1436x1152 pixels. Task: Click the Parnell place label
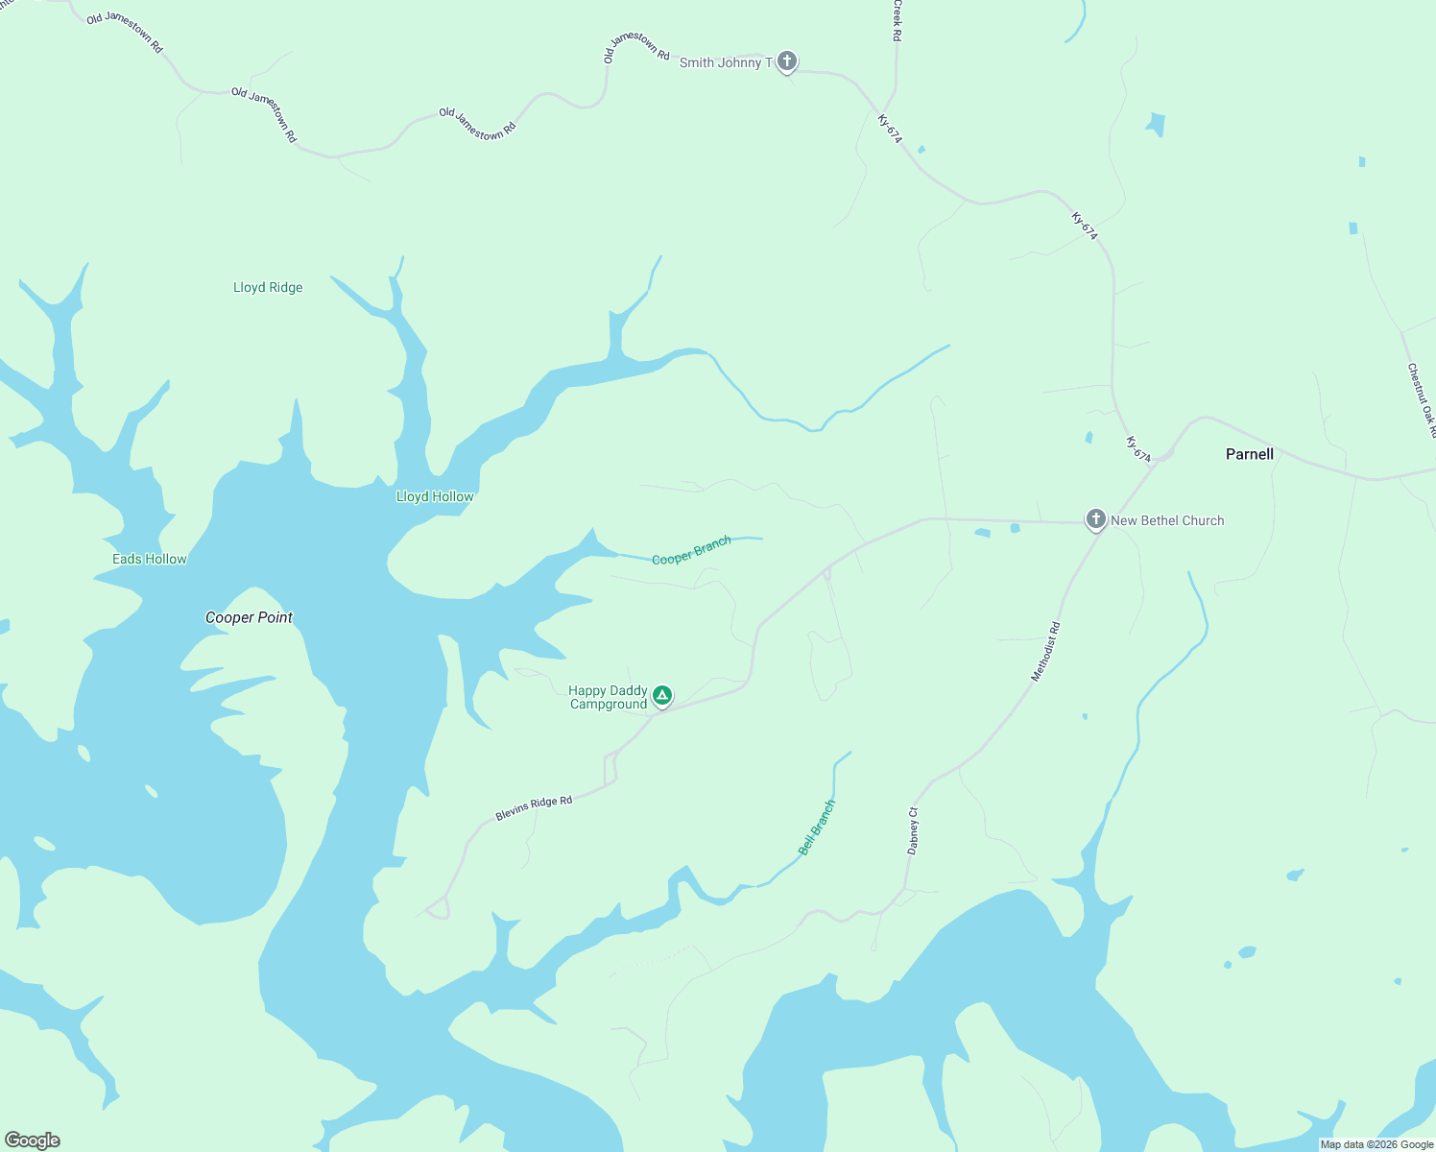pyautogui.click(x=1249, y=454)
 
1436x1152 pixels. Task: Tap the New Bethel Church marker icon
pyautogui.click(x=1095, y=519)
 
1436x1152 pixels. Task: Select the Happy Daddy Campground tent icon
pyautogui.click(x=661, y=695)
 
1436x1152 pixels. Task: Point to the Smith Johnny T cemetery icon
pyautogui.click(x=786, y=62)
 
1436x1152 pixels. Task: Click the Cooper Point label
pyautogui.click(x=249, y=617)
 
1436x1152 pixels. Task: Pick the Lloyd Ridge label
pyautogui.click(x=268, y=287)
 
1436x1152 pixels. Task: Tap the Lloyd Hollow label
pyautogui.click(x=435, y=496)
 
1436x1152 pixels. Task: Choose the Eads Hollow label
pyautogui.click(x=150, y=559)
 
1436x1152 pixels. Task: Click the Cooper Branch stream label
pyautogui.click(x=691, y=550)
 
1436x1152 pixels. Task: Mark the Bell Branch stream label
pyautogui.click(x=817, y=827)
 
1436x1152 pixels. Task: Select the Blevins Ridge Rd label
pyautogui.click(x=534, y=807)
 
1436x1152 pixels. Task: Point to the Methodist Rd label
pyautogui.click(x=1045, y=652)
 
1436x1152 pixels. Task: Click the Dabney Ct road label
pyautogui.click(x=913, y=830)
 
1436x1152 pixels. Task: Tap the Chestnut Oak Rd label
pyautogui.click(x=1421, y=398)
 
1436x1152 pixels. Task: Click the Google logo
pyautogui.click(x=33, y=1140)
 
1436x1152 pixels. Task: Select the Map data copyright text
pyautogui.click(x=1376, y=1144)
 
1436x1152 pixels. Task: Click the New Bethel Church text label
pyautogui.click(x=1167, y=520)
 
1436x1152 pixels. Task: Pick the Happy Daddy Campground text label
pyautogui.click(x=609, y=697)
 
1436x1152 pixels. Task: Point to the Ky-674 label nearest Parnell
pyautogui.click(x=1138, y=449)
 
